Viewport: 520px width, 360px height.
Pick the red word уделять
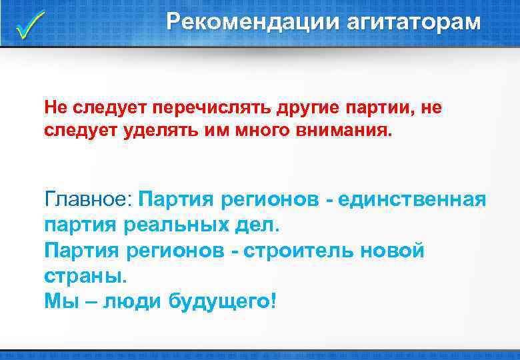[x=154, y=129]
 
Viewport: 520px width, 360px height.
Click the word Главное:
[x=90, y=199]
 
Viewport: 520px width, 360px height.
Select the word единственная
[x=411, y=199]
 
